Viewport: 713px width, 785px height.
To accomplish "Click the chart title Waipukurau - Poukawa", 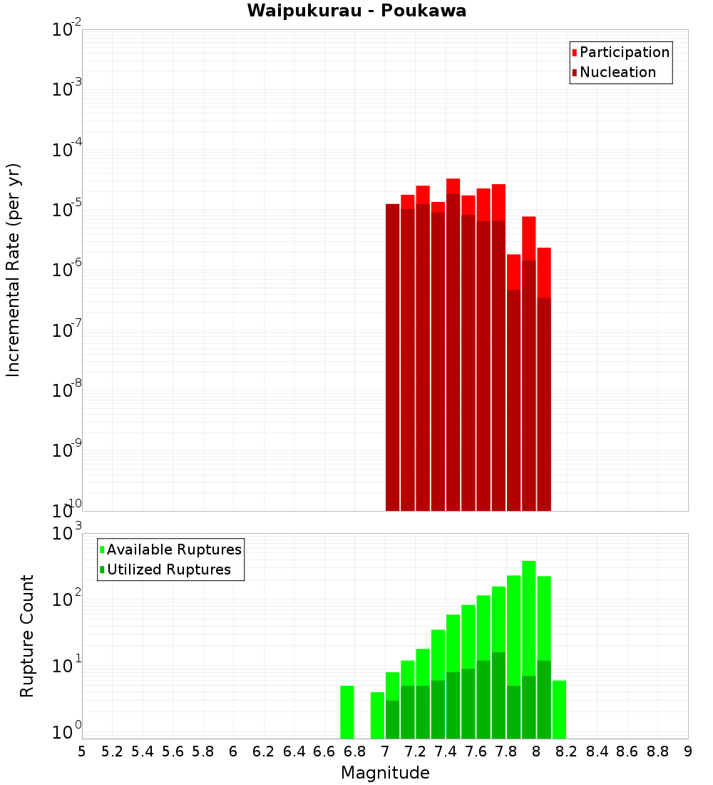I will click(x=356, y=11).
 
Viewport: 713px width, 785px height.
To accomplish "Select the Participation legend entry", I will click(x=625, y=52).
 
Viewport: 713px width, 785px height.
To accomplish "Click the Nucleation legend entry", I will click(x=617, y=72).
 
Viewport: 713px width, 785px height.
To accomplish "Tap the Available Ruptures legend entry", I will click(x=174, y=549).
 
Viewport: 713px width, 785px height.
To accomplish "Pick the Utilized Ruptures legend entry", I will click(x=168, y=569).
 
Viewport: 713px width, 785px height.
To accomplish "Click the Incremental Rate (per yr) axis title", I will click(x=14, y=270).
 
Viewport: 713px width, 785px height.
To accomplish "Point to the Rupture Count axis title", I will click(x=27, y=636).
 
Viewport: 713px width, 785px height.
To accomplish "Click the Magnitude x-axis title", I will click(x=385, y=773).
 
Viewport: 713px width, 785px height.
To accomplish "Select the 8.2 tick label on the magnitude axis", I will click(x=567, y=751).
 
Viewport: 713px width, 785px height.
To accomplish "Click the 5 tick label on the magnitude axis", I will click(x=82, y=751).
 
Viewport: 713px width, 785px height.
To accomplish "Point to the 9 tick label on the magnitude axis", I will click(x=688, y=751).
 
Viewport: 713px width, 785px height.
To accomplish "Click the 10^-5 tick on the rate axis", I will click(x=67, y=209).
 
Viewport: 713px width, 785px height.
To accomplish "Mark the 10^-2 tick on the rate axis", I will click(x=67, y=30).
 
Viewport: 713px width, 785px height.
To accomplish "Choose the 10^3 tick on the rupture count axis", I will click(x=67, y=533).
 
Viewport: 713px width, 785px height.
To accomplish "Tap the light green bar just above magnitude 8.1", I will click(x=559, y=709).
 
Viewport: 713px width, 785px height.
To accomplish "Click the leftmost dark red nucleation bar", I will click(x=392, y=357).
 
